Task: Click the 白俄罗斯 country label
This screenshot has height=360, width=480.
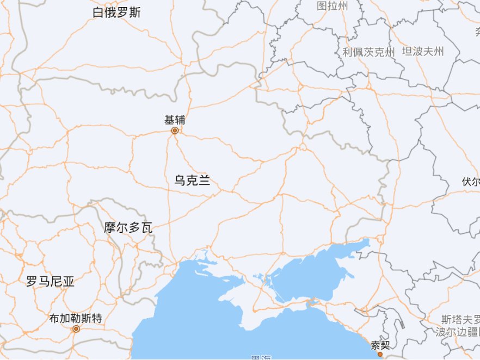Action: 116,13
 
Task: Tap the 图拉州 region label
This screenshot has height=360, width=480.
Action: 332,6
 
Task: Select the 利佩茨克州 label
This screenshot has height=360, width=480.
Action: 368,53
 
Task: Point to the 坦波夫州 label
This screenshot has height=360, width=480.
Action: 423,52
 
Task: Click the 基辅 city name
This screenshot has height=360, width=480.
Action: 175,120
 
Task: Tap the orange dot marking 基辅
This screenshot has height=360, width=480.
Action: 175,131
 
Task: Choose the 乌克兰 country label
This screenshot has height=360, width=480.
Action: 192,181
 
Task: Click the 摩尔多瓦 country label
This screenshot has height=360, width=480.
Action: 128,228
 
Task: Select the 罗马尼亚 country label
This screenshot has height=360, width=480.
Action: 50,282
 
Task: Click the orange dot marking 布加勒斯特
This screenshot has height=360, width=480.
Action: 76,329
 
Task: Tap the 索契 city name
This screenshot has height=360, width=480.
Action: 380,345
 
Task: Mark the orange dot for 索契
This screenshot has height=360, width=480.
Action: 380,355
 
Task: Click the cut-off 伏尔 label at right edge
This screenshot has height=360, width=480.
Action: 471,182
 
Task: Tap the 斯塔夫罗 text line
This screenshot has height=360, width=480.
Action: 460,319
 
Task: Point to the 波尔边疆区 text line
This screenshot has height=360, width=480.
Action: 458,332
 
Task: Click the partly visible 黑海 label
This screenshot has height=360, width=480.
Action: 261,357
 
